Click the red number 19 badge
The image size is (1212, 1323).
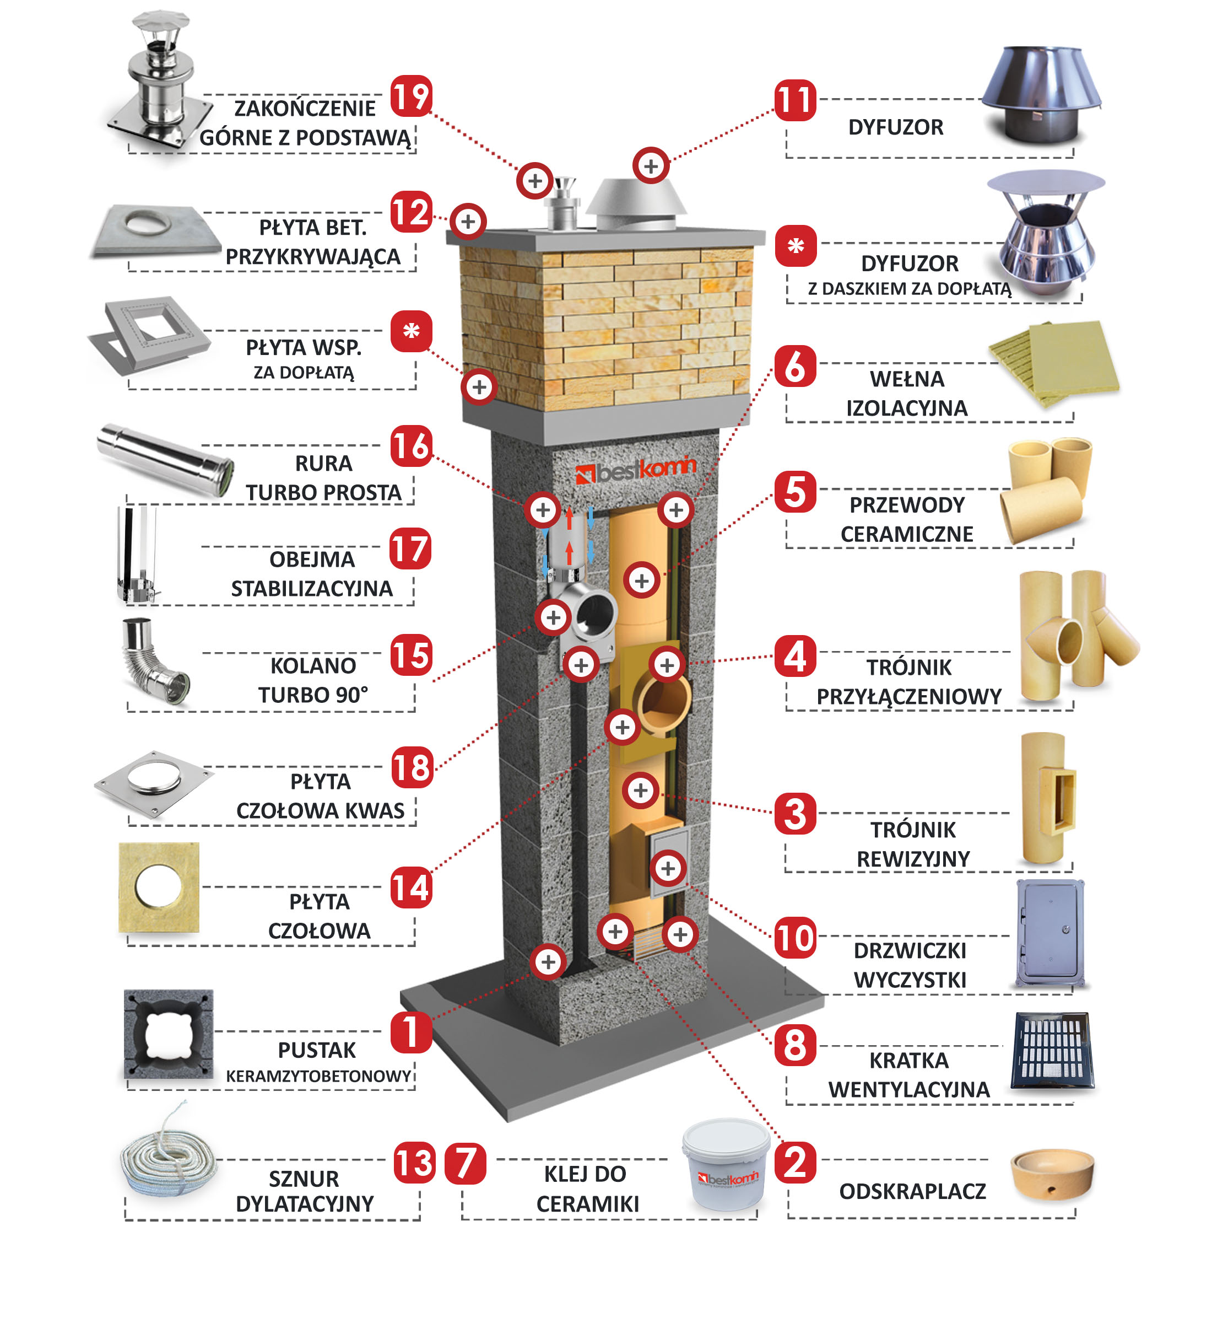pos(411,96)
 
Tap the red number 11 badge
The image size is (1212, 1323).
pos(795,100)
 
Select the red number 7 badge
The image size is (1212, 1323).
pos(466,1164)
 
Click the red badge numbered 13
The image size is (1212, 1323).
pos(414,1163)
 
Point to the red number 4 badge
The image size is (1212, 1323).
pos(795,655)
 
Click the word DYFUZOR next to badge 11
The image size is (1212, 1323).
pos(896,127)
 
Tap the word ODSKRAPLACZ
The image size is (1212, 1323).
pos(912,1191)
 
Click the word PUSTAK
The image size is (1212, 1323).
pos(317,1050)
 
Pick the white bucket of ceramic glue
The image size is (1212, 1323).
pos(726,1164)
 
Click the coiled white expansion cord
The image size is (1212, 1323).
pos(168,1150)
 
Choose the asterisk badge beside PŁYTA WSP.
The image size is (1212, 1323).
pos(411,331)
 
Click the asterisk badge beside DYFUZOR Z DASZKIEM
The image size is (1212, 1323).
pos(796,246)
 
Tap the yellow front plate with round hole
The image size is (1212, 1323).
pos(159,888)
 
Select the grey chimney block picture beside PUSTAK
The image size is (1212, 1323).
pos(169,1035)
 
